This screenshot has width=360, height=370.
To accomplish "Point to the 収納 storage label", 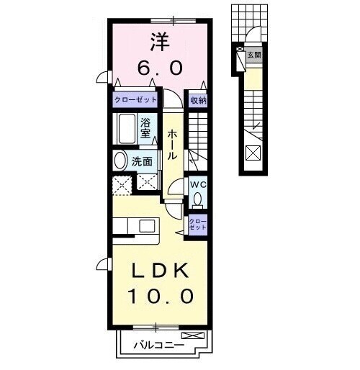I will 197,101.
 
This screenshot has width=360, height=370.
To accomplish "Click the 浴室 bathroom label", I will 145,128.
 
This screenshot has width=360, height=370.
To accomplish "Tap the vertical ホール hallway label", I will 173,145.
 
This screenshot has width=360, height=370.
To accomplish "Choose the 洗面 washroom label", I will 142,161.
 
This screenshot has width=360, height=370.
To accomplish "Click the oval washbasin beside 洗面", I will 120,161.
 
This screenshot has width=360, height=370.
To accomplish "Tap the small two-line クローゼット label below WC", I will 197,223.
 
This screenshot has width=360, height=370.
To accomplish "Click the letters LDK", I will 161,271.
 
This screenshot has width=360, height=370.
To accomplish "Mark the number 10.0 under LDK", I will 161,296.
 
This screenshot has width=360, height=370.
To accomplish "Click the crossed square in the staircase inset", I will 253,153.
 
